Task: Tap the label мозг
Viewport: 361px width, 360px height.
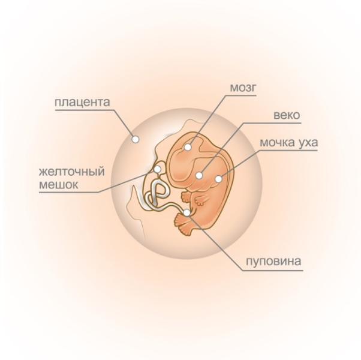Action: point(243,87)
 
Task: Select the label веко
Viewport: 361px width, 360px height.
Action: point(287,115)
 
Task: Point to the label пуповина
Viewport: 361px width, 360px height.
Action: point(273,261)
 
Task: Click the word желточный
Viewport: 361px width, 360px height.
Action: point(72,172)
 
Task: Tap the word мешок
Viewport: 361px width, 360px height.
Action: point(59,185)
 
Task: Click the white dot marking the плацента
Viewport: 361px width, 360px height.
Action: point(136,139)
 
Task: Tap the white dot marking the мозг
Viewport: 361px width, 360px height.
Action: point(188,147)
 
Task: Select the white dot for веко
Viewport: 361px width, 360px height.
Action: point(199,175)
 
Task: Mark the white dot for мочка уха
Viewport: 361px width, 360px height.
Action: point(219,178)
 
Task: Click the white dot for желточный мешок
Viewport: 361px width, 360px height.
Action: point(157,169)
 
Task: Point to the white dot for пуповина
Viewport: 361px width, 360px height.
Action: point(188,212)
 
